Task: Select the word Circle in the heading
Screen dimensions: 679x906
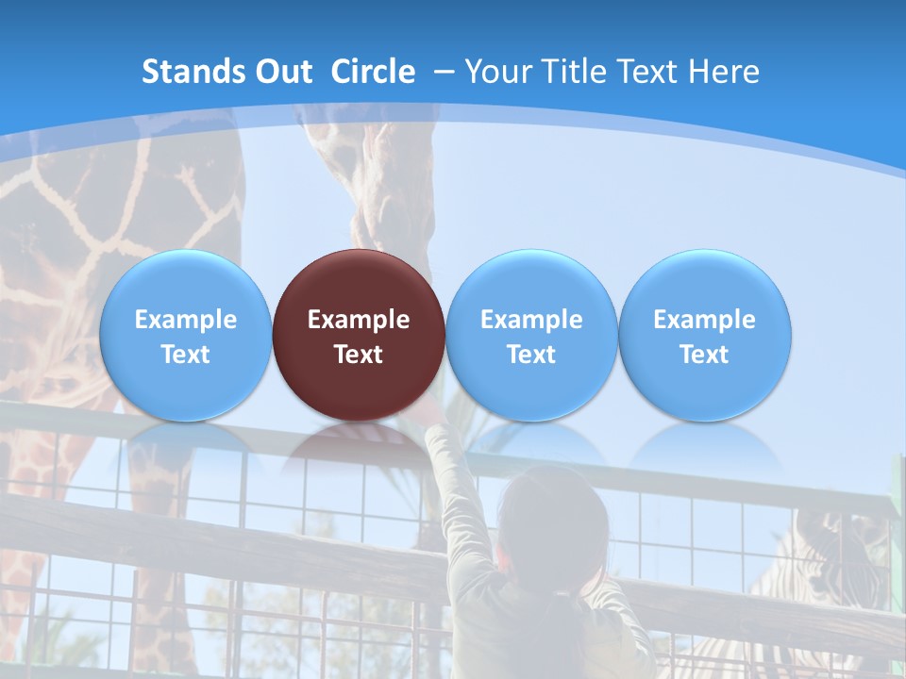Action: point(373,72)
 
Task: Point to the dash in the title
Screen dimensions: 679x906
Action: point(444,72)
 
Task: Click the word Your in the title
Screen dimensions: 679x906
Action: point(498,72)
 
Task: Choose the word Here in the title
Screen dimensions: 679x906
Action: point(724,72)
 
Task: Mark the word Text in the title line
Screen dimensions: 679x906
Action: point(651,72)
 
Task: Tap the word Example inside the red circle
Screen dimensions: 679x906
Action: point(359,320)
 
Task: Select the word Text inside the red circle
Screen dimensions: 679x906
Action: point(359,355)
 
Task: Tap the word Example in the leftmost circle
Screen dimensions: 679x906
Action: point(185,320)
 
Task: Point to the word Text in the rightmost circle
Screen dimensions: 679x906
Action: point(705,355)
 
